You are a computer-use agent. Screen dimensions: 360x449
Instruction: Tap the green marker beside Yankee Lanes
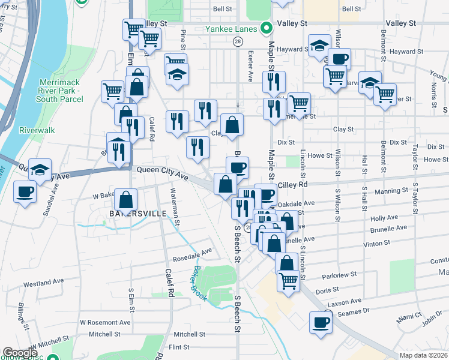[265, 28]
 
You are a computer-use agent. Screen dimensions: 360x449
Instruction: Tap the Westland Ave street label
[43, 281]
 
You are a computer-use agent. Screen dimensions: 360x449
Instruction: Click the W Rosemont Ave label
[105, 322]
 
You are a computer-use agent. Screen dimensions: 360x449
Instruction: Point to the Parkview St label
[339, 274]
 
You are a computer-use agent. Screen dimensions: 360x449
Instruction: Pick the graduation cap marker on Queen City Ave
[40, 169]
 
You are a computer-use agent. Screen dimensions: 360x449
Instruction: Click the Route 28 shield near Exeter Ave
[238, 41]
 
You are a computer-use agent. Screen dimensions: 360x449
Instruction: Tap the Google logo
[20, 353]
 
